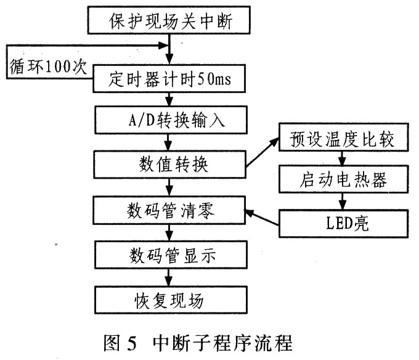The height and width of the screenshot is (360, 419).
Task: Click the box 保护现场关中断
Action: [169, 20]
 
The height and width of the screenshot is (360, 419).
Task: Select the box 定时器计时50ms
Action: [169, 78]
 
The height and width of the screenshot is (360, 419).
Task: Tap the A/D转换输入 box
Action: [171, 120]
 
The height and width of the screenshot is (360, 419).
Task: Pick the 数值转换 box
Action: [169, 165]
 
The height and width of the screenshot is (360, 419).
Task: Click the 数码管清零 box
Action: [169, 210]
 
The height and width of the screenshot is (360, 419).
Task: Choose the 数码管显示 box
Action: [171, 255]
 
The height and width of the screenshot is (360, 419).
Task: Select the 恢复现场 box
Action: [171, 300]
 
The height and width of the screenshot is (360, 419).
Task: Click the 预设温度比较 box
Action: [344, 137]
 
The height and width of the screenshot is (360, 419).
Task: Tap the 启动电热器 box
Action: [344, 179]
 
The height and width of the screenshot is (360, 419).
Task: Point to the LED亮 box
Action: [344, 223]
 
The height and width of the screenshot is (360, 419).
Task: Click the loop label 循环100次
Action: [48, 67]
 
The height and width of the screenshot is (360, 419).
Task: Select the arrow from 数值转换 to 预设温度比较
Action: [262, 152]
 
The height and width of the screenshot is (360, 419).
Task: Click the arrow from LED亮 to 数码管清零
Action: [261, 218]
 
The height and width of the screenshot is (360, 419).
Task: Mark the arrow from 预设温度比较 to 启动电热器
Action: [342, 158]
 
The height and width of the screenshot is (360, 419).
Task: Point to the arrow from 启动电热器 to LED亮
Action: [343, 201]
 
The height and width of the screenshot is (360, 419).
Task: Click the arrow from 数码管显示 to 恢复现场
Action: [168, 277]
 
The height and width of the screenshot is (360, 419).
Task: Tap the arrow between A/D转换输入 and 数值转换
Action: [168, 142]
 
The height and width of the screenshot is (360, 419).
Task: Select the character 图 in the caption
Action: [112, 343]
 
